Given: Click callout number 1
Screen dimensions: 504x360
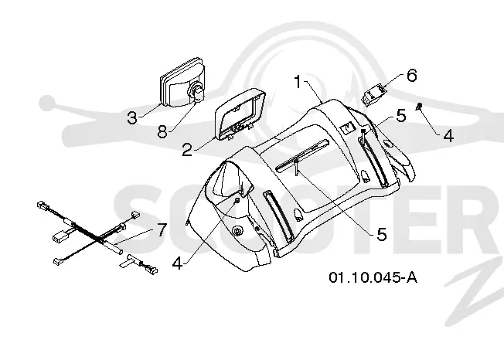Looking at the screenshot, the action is [x=298, y=82].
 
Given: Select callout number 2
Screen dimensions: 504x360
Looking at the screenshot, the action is [x=187, y=150].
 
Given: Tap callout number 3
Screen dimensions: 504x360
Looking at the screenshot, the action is [x=131, y=117].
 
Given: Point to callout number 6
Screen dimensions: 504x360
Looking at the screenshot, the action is [x=411, y=75].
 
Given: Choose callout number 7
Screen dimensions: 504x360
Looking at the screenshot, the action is [x=161, y=230].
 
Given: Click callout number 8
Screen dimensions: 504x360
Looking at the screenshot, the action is [x=162, y=131].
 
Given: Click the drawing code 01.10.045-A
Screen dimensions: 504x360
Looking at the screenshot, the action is [x=373, y=277].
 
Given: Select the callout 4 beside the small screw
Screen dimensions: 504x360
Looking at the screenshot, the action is [x=448, y=135].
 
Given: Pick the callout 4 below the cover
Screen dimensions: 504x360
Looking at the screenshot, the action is [x=178, y=263].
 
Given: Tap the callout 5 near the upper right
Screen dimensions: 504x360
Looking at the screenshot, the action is [x=401, y=116].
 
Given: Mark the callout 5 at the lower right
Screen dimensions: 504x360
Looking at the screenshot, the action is [x=382, y=234].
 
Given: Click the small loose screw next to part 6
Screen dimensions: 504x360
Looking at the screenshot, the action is [x=420, y=107].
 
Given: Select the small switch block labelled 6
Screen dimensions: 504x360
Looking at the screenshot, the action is [x=375, y=93].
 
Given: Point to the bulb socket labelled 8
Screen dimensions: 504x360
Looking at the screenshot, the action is [x=198, y=93].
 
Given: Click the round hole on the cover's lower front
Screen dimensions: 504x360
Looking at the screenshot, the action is [x=238, y=231].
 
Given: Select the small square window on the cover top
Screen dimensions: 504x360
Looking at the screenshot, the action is [x=347, y=127].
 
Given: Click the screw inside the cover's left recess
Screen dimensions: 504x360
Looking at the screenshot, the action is [x=237, y=200].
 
